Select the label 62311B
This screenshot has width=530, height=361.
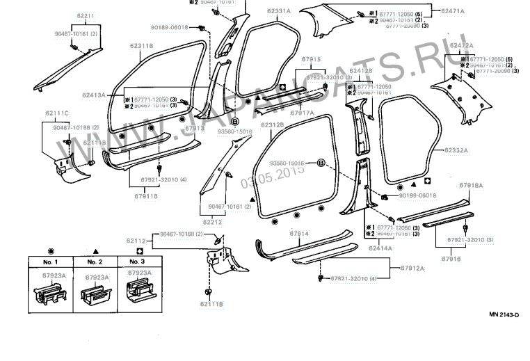(141, 46)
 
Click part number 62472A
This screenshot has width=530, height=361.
(461, 45)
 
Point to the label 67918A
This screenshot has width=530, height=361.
(471, 186)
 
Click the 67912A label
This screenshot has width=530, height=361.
(413, 267)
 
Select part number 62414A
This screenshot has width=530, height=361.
(380, 247)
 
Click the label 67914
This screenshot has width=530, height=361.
(299, 233)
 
